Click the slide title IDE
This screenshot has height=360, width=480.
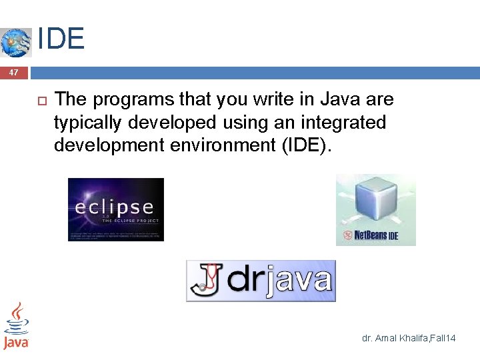[61, 39]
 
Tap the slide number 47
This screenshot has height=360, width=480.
[14, 73]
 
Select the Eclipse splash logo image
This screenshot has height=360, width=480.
[116, 209]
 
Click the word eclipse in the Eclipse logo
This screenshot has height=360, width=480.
[114, 207]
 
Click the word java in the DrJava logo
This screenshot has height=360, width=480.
[299, 280]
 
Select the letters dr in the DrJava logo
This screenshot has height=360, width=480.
[247, 280]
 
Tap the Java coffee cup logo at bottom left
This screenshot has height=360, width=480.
[16, 325]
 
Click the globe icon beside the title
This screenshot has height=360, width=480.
[16, 42]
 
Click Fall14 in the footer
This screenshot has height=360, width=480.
[443, 339]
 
